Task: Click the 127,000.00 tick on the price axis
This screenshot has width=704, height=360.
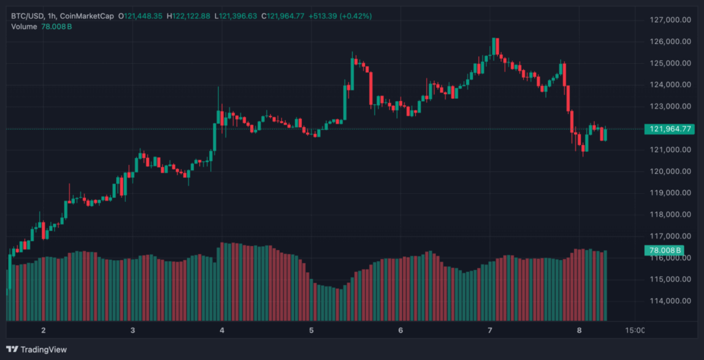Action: (x=670, y=20)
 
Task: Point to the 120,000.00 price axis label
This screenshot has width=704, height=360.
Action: (x=670, y=171)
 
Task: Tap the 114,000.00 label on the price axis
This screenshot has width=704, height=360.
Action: (x=670, y=301)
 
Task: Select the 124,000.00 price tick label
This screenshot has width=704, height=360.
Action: (x=670, y=85)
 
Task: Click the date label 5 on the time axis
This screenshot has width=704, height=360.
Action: (x=311, y=330)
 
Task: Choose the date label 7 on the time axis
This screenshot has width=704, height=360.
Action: (x=489, y=330)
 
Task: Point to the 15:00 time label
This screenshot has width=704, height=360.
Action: (x=635, y=330)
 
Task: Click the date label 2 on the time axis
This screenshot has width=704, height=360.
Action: (x=43, y=330)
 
